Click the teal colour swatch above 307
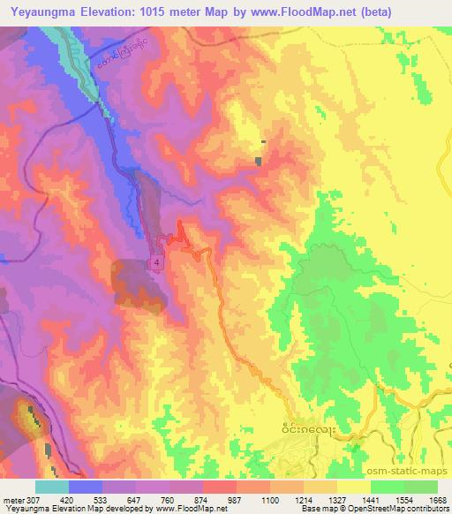pos(51,486)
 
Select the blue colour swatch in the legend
pos(85,486)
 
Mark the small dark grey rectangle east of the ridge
pos(258,161)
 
